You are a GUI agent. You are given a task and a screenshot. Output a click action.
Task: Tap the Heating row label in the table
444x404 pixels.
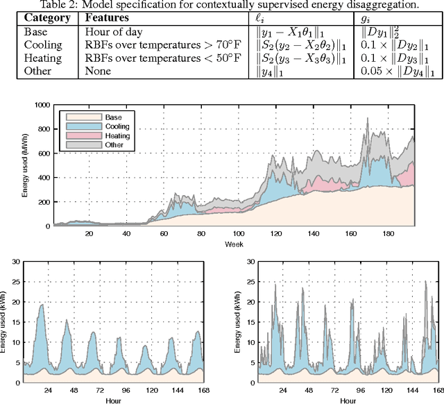41,57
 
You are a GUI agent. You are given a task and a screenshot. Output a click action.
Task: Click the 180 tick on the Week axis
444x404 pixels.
386,234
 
